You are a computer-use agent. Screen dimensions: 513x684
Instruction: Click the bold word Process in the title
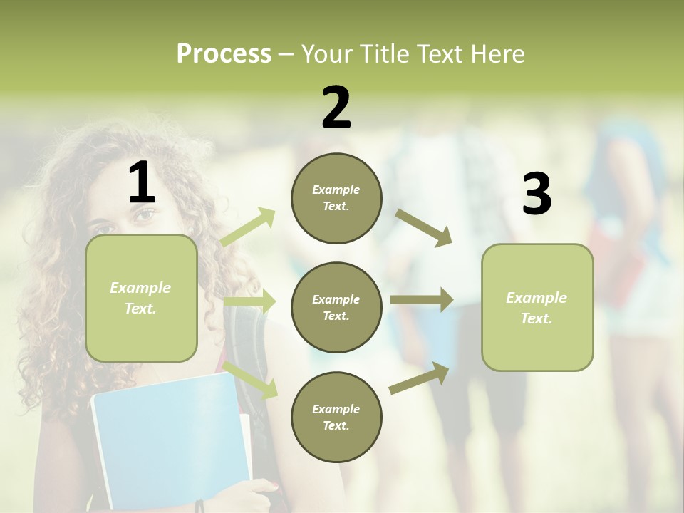224,54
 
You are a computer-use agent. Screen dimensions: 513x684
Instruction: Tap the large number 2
336,108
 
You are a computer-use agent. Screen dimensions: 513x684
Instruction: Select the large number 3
537,195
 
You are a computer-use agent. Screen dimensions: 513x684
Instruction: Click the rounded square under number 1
141,298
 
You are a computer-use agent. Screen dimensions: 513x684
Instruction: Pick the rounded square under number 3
537,307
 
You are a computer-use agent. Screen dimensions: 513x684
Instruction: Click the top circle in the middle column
336,198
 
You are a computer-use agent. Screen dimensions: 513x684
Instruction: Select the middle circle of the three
336,307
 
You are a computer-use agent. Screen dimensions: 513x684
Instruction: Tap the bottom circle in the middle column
336,417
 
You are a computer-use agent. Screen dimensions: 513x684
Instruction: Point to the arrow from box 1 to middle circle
249,301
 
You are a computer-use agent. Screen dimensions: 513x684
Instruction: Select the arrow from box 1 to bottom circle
250,380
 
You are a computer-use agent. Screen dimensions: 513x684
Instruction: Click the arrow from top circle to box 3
424,228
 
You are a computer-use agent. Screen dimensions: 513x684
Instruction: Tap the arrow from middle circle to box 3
422,300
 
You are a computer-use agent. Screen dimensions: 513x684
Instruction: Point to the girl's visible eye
145,214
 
